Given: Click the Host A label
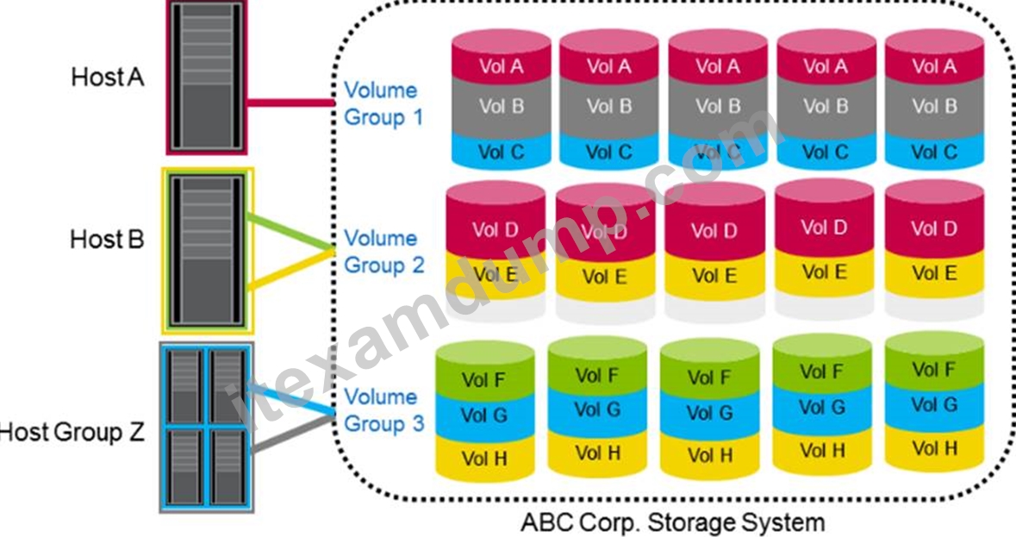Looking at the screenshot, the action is point(108,77).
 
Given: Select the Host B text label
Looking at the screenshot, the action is point(107,239).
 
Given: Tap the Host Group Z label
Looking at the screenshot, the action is point(72,432).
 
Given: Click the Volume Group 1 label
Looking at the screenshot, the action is point(383,103).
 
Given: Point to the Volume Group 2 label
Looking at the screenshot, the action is point(383,252).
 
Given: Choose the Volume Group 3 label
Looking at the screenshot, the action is point(383,410).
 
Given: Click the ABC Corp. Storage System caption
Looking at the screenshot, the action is point(672,521).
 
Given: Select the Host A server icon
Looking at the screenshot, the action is point(207,77).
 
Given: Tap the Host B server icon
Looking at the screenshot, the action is point(208,252).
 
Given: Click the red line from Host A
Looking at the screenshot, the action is point(290,103).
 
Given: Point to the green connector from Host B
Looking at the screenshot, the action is point(290,232).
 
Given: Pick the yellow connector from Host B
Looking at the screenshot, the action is point(290,268).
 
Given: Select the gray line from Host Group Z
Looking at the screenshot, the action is point(293,432).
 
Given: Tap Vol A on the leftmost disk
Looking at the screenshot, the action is point(502,66).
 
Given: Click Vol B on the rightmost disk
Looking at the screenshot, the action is point(934,105).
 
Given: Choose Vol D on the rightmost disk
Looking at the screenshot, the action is point(934,228).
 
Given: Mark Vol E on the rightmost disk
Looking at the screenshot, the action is point(934,272).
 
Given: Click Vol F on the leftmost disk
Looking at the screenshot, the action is point(484,379).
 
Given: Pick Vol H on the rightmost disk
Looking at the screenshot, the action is point(934,448).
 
